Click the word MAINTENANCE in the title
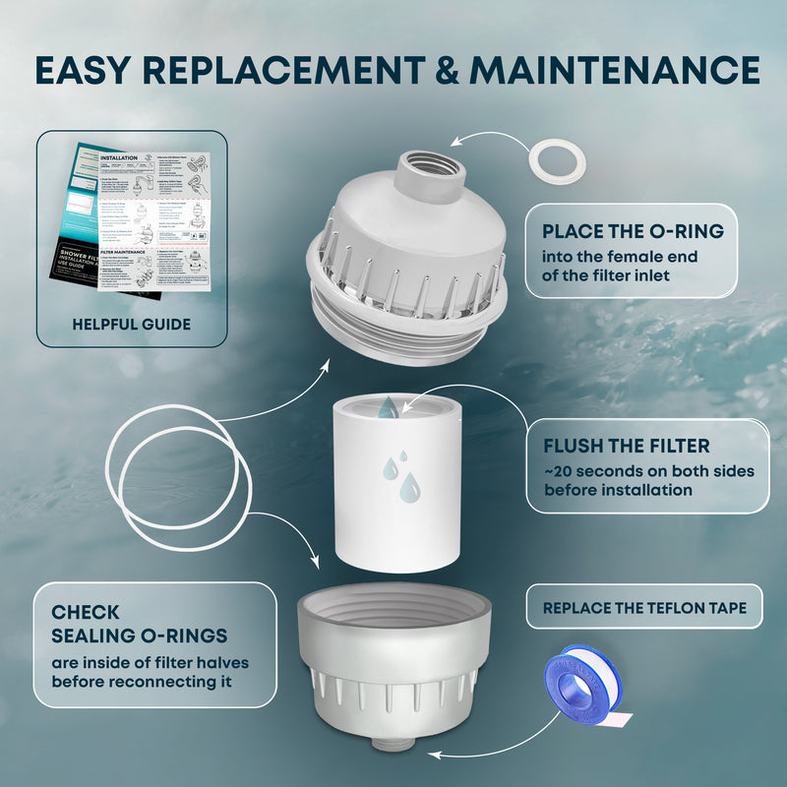tap(615, 70)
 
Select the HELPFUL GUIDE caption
tap(132, 324)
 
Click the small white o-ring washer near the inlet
tap(557, 160)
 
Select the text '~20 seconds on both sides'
tap(648, 471)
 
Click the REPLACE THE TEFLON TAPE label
tap(644, 608)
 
